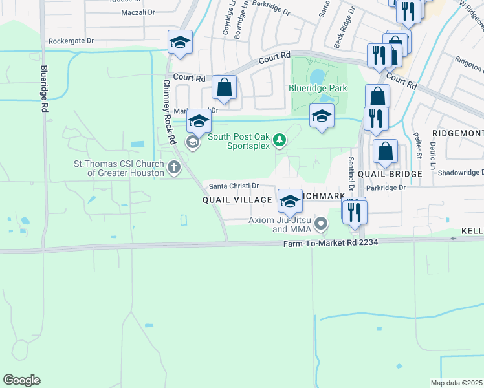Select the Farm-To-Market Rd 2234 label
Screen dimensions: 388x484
(330, 242)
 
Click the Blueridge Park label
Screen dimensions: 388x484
(318, 89)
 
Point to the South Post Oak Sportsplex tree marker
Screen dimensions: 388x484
(280, 140)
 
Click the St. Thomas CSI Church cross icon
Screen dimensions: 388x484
(173, 168)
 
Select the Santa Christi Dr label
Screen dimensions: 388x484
(234, 186)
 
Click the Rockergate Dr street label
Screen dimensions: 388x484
(71, 41)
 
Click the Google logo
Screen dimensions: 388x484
(21, 380)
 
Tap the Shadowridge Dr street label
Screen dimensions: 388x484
(460, 173)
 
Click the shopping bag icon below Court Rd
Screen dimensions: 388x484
(224, 87)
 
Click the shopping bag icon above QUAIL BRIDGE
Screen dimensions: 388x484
(386, 151)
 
